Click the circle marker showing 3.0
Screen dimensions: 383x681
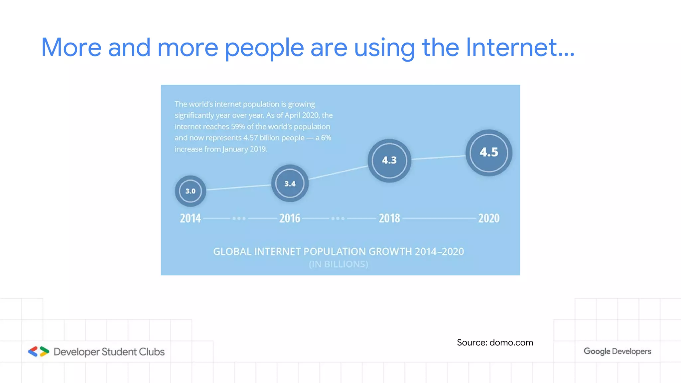191,191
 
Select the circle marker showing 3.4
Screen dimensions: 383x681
290,184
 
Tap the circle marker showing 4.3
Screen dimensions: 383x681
389,161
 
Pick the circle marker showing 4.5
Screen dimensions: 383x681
489,153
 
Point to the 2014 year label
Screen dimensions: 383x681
191,218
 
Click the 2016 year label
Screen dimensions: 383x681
290,218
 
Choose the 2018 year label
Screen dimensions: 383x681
389,218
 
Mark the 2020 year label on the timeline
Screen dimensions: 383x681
489,218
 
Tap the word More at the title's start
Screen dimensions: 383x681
71,47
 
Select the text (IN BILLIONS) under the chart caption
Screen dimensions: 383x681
339,264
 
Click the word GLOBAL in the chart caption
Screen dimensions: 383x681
232,252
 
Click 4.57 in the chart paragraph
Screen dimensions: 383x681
250,138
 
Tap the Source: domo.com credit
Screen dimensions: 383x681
495,342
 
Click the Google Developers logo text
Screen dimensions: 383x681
617,351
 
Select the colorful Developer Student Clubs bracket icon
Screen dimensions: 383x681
39,351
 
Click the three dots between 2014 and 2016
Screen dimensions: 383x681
239,218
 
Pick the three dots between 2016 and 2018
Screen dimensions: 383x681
338,218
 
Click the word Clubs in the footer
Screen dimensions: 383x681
152,352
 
